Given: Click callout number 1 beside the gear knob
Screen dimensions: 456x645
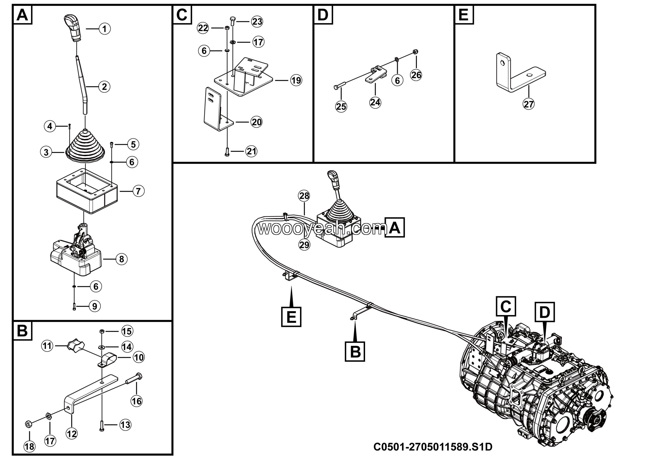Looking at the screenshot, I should click(x=105, y=29).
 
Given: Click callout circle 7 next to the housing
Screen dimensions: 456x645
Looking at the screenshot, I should click(x=138, y=191).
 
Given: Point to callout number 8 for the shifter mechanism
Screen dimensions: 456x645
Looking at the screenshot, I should click(x=122, y=259).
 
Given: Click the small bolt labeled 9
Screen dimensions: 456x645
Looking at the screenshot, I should click(x=74, y=307).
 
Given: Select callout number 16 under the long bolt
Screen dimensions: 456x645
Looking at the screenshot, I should click(x=137, y=401).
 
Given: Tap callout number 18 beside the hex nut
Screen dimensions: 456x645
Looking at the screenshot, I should click(x=29, y=446).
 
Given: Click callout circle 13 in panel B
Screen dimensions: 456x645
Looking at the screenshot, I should click(x=125, y=425).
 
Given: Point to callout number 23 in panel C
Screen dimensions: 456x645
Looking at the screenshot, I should click(x=257, y=22).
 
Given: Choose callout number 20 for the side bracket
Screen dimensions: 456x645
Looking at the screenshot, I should click(x=256, y=122).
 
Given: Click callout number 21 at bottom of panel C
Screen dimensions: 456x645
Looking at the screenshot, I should click(x=251, y=151).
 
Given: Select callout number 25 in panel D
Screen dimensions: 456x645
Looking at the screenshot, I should click(x=341, y=106).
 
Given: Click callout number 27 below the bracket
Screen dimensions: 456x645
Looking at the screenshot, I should click(x=528, y=104).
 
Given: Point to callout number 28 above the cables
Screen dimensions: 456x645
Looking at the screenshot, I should click(x=304, y=196).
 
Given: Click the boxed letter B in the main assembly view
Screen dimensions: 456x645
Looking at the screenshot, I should click(x=355, y=351).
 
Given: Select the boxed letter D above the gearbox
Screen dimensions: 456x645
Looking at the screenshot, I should click(x=544, y=312).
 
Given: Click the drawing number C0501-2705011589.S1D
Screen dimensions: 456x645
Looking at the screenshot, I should click(x=433, y=446).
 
